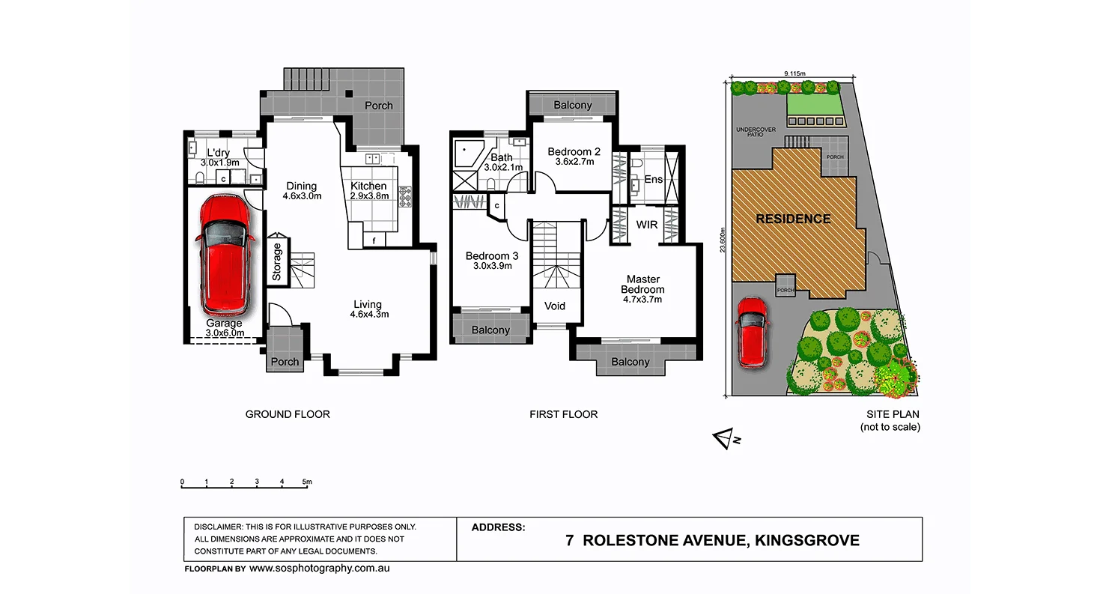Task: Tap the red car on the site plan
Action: pyautogui.click(x=751, y=333)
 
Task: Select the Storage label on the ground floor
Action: pyautogui.click(x=277, y=261)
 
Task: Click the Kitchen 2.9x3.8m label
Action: pyautogui.click(x=368, y=191)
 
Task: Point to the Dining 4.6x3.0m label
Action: pyautogui.click(x=302, y=191)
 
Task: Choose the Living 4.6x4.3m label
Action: pyautogui.click(x=368, y=309)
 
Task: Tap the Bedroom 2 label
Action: pyautogui.click(x=574, y=156)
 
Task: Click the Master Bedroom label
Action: pyautogui.click(x=642, y=289)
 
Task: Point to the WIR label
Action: pyautogui.click(x=646, y=225)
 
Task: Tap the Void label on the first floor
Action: pyautogui.click(x=555, y=306)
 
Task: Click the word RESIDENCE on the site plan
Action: pyautogui.click(x=793, y=219)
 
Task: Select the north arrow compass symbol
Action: pyautogui.click(x=725, y=440)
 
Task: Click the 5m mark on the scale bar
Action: pyautogui.click(x=307, y=482)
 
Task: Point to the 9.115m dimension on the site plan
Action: pyautogui.click(x=794, y=73)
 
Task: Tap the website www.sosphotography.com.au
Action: pyautogui.click(x=320, y=569)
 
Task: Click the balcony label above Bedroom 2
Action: pyautogui.click(x=573, y=106)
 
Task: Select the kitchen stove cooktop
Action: pyautogui.click(x=406, y=196)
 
